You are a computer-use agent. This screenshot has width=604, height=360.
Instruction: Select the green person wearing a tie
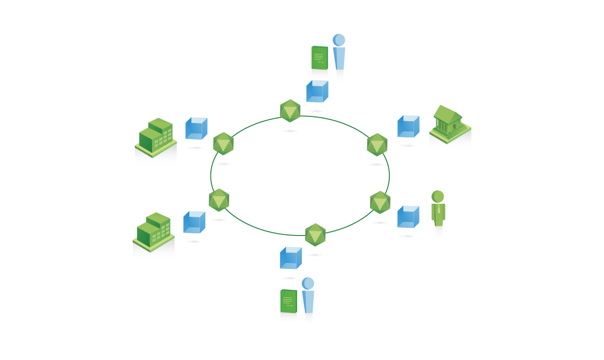click(x=438, y=210)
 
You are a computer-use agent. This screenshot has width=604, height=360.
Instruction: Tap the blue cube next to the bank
click(x=408, y=127)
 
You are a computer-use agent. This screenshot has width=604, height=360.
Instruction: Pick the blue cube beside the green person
click(x=408, y=217)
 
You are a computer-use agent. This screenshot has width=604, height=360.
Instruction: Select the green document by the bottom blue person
click(x=289, y=301)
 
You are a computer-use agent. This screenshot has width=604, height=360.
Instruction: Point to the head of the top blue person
click(x=339, y=40)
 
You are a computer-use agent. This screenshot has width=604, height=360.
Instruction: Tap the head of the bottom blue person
click(x=308, y=283)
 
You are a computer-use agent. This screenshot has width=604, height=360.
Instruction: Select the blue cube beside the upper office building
click(x=196, y=129)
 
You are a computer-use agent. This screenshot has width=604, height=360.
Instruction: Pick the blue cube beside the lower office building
click(x=194, y=222)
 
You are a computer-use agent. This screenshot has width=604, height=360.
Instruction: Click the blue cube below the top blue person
click(x=317, y=92)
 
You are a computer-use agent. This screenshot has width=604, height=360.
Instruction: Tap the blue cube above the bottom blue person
click(x=291, y=258)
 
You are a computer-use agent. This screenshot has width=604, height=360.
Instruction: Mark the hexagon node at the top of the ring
click(x=290, y=112)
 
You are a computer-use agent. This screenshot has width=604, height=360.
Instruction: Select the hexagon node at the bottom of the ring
click(x=315, y=235)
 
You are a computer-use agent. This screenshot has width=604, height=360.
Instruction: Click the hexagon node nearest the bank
click(x=377, y=144)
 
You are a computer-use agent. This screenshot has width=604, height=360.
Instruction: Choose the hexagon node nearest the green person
click(x=380, y=203)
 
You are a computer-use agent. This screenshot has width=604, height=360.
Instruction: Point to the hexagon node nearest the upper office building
click(x=223, y=144)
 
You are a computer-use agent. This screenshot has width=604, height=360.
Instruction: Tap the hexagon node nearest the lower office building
click(x=219, y=200)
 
